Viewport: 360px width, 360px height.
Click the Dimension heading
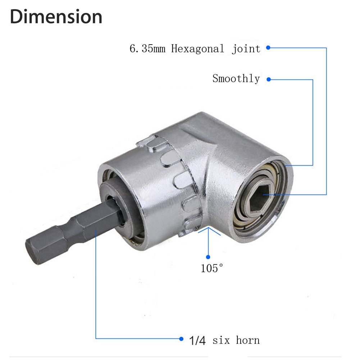[x=56, y=17]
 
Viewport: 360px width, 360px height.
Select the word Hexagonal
[x=197, y=49]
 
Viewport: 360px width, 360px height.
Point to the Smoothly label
[x=236, y=78]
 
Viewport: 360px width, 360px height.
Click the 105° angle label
[x=212, y=268]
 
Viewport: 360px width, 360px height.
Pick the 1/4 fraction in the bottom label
[x=197, y=340]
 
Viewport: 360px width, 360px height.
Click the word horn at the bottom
[x=248, y=340]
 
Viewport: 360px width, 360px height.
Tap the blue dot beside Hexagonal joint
[x=268, y=48]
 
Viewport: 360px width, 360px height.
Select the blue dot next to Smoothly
[x=268, y=79]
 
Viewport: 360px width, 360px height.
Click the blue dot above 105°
[x=208, y=257]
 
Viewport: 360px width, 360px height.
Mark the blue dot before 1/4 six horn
[x=182, y=338]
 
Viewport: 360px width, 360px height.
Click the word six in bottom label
[x=220, y=340]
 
